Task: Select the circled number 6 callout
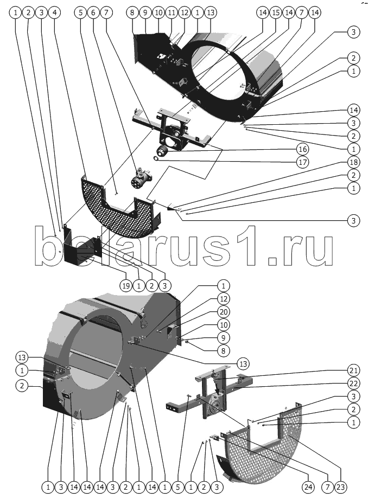pos(93,12)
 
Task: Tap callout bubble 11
pos(171,12)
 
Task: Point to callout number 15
pos(276,12)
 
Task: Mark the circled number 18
pos(353,163)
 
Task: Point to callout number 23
pos(340,487)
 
